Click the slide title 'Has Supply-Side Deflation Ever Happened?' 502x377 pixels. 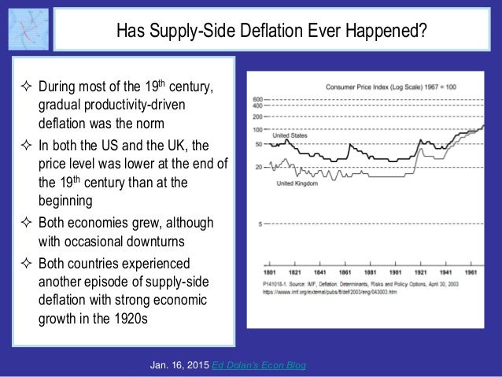coord(271,32)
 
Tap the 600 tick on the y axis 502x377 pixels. coord(257,98)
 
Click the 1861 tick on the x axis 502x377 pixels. coord(339,261)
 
